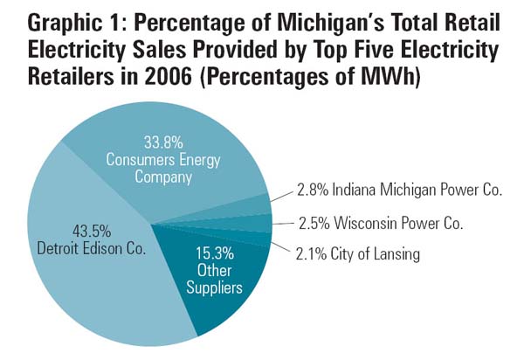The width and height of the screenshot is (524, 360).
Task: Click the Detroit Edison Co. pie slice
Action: point(87,262)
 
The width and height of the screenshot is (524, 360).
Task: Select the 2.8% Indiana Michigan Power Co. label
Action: point(399,190)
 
